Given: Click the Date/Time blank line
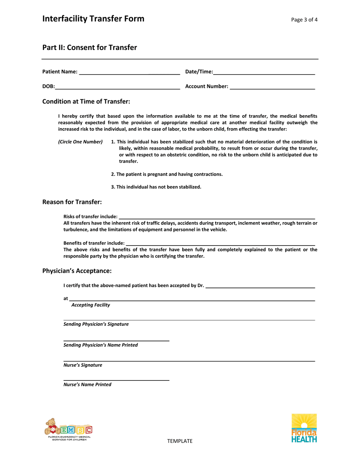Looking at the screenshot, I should pos(264,72).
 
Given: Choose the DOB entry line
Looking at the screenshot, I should pos(117,86).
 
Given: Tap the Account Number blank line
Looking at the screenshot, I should pos(272,86).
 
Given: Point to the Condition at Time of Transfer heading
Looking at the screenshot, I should pos(86,102).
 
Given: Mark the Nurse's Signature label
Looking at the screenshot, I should pos(83,365).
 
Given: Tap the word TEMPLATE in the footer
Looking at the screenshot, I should pos(180,441).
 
